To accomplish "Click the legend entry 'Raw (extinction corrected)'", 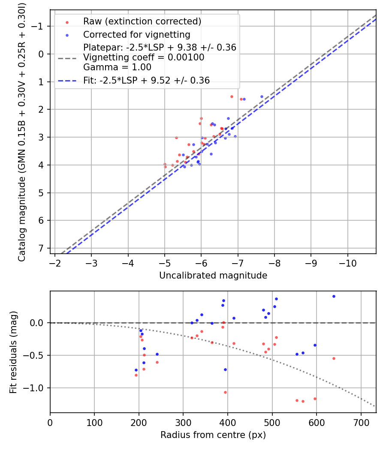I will (142, 21).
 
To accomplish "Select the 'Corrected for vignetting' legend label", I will (136, 34).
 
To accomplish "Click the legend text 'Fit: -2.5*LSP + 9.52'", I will (146, 80).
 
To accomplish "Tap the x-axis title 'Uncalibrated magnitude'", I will (213, 276).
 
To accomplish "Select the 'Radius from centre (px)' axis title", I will (213, 435).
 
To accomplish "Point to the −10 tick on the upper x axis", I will (347, 262).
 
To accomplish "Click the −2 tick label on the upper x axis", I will (55, 262).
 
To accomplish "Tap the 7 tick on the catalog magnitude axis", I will (42, 249).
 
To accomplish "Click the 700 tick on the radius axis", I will (361, 422).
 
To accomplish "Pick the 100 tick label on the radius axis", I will (94, 422).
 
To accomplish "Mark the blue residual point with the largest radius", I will (334, 296).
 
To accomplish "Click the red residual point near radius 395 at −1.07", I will (225, 392).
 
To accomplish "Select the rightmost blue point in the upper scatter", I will (262, 96).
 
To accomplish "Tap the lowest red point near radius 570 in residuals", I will (303, 401).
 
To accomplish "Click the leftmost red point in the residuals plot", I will (136, 375).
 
